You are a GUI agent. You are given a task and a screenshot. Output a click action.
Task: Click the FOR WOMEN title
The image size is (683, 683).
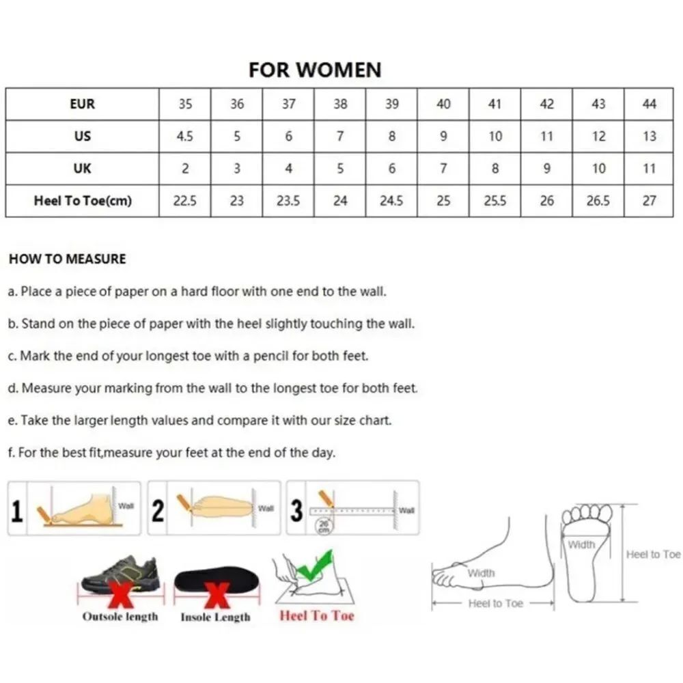click(x=315, y=70)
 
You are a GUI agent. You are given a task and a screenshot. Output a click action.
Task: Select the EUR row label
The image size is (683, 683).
click(x=83, y=104)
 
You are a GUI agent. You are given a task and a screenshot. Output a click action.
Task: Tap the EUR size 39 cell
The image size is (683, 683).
click(x=391, y=104)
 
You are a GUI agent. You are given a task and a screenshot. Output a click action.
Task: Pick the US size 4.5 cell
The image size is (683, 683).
click(x=184, y=137)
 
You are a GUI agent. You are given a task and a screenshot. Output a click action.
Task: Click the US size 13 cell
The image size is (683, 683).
click(x=649, y=137)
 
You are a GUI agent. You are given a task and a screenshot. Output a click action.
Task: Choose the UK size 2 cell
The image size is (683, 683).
click(x=184, y=169)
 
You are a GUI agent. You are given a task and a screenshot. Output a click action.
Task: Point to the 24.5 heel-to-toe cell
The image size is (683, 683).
click(x=391, y=201)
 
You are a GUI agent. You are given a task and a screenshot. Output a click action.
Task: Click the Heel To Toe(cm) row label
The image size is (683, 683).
click(x=83, y=201)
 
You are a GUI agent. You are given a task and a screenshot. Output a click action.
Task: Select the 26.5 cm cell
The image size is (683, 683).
click(x=598, y=201)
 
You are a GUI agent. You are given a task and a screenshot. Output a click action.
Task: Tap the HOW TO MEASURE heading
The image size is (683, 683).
click(x=68, y=259)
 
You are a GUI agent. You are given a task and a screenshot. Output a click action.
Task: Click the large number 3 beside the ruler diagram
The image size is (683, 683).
click(x=296, y=510)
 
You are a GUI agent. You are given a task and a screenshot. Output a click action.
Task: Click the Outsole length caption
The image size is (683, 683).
click(x=120, y=616)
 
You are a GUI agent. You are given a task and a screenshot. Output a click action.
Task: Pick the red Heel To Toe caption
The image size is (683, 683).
click(x=317, y=615)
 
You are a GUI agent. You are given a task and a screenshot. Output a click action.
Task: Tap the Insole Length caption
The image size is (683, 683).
click(x=216, y=617)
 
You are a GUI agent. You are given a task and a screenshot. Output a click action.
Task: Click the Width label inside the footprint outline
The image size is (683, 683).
click(x=581, y=544)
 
